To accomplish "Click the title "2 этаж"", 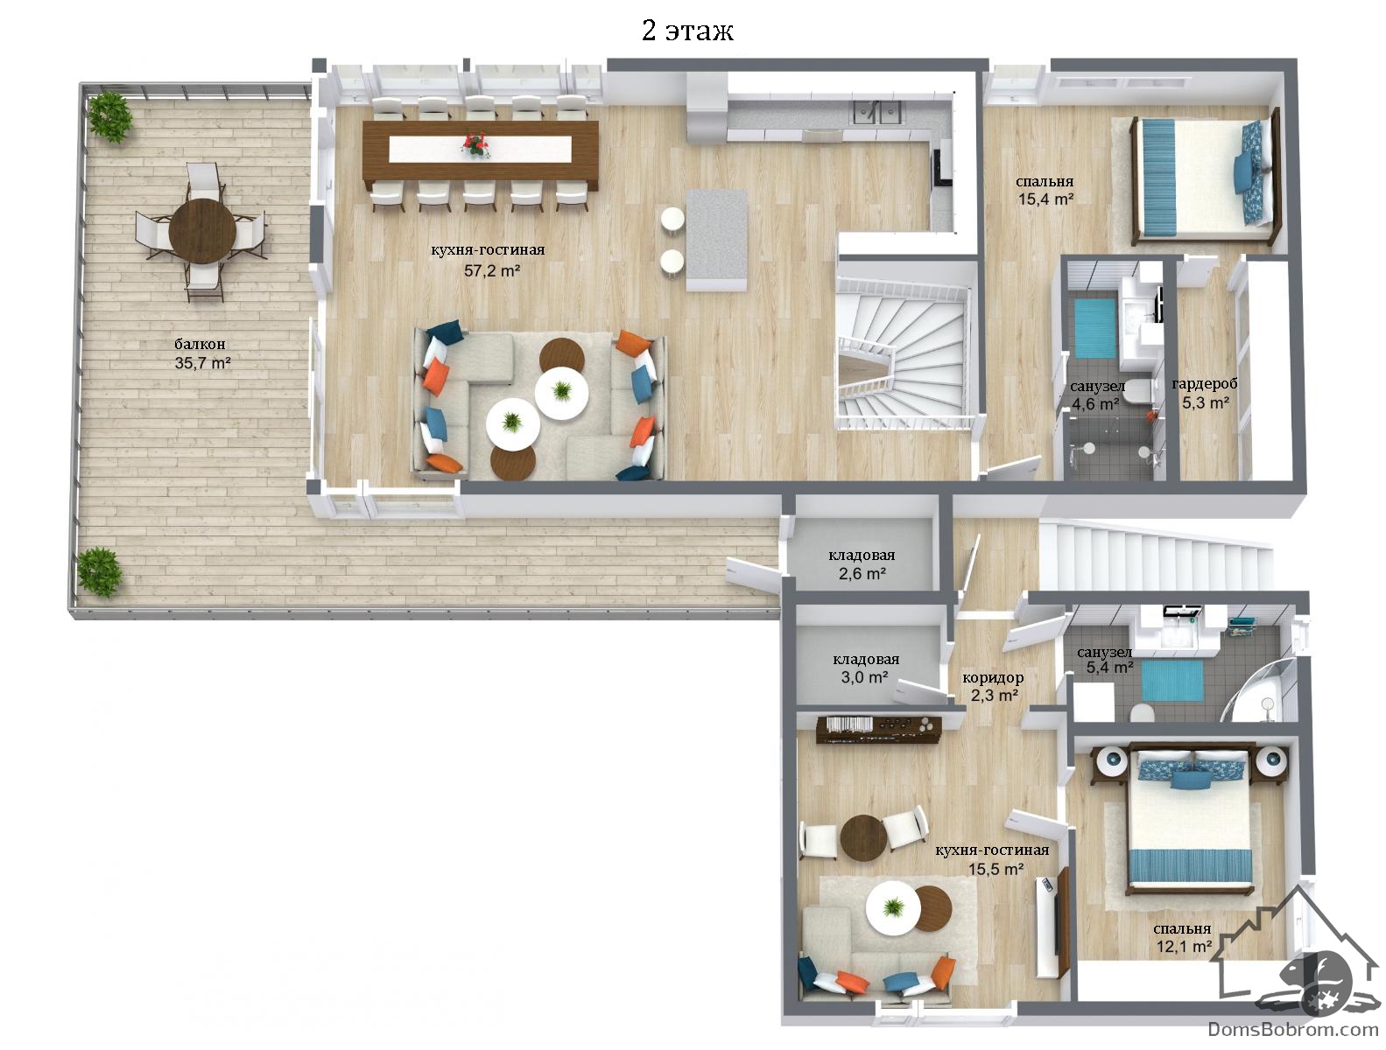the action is (687, 31).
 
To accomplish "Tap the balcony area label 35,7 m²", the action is (202, 363).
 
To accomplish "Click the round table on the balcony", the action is (202, 230).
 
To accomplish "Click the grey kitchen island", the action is (716, 240).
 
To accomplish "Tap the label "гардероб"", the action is (1205, 383).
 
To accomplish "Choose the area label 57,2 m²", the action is (492, 270).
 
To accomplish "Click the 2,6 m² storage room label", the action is (862, 574).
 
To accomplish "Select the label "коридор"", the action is (993, 678).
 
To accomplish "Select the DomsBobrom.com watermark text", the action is (1292, 1029).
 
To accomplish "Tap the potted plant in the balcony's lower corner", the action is (99, 571).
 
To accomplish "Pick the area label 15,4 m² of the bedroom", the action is (1046, 199).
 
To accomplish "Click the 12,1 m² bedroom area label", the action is (1184, 946).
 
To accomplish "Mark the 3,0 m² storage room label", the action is (864, 677).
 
